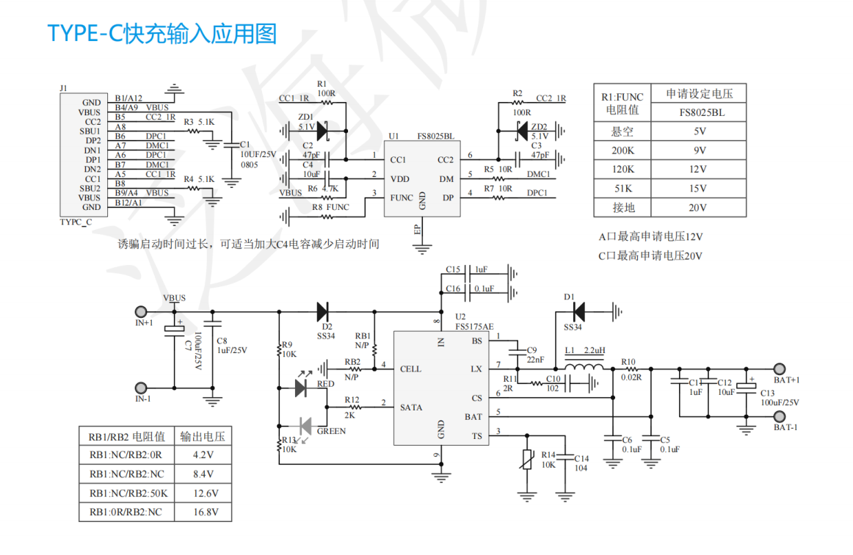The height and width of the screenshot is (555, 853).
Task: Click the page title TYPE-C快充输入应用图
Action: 161,34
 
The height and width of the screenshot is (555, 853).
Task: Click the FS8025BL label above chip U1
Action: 435,137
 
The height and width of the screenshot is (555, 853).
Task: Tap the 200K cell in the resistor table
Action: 623,150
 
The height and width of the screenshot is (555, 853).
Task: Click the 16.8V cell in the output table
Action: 203,512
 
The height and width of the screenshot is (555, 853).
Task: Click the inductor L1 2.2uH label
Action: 585,350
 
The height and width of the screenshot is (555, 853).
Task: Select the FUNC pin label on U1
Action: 402,197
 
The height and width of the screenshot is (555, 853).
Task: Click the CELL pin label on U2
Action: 410,369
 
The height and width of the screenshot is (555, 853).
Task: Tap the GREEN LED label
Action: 331,431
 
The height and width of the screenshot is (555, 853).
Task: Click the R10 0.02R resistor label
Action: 631,369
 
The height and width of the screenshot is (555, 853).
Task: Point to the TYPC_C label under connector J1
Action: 76,222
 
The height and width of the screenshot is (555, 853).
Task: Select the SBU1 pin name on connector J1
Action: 91,131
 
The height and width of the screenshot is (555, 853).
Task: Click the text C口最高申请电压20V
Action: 650,256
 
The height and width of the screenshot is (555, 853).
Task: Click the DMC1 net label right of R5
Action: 539,174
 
